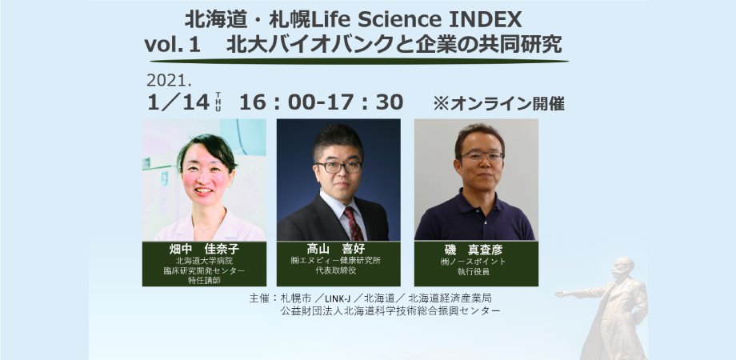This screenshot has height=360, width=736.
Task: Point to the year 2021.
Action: click(170, 81)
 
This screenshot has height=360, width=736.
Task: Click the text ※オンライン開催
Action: click(498, 103)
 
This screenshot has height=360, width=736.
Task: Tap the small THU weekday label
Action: click(218, 102)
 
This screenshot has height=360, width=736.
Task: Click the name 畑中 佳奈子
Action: click(204, 249)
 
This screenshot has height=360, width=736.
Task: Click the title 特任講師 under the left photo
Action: click(204, 282)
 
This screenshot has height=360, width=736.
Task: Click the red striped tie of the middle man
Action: click(353, 224)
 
